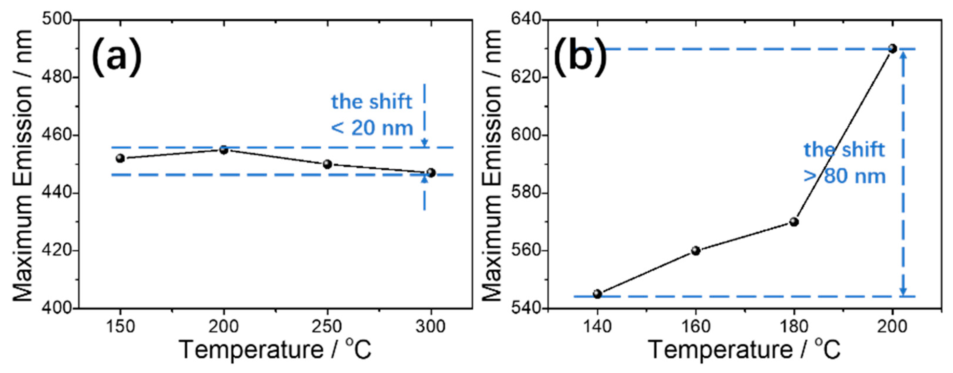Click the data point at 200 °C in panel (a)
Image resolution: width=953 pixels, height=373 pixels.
tap(224, 150)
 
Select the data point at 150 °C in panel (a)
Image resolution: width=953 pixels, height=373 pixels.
tap(120, 159)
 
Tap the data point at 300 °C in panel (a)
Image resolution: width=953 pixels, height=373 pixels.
tap(431, 173)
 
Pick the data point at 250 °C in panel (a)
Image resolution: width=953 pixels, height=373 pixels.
tap(327, 164)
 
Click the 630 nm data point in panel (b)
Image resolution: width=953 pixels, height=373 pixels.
tap(893, 48)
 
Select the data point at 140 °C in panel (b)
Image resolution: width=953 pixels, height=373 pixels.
tap(597, 294)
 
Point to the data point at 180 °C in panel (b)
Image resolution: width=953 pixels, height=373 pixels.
tap(794, 222)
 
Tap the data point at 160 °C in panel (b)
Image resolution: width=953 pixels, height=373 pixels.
tap(696, 251)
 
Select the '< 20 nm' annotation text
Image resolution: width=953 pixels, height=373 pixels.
tap(372, 128)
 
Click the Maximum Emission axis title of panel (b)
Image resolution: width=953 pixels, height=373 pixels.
tap(492, 165)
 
